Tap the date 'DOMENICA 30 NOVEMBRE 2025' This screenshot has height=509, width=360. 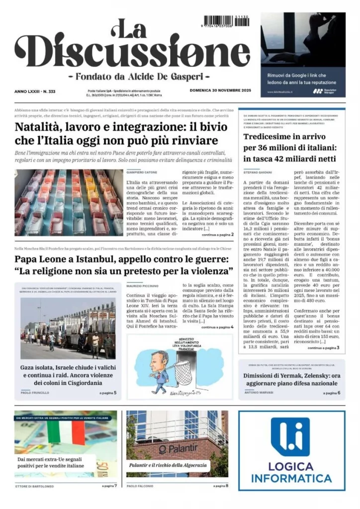coord(220,90)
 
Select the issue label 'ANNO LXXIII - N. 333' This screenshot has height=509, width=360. coord(34,91)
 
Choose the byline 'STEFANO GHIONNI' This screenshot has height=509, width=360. coord(258,171)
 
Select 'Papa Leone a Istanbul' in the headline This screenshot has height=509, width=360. coord(69,259)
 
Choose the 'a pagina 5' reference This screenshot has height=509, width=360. coord(108,393)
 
